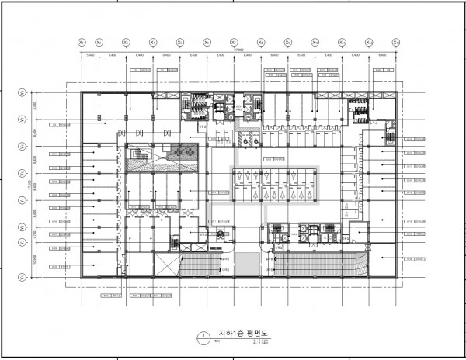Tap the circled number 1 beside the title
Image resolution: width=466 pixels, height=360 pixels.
(202, 338)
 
